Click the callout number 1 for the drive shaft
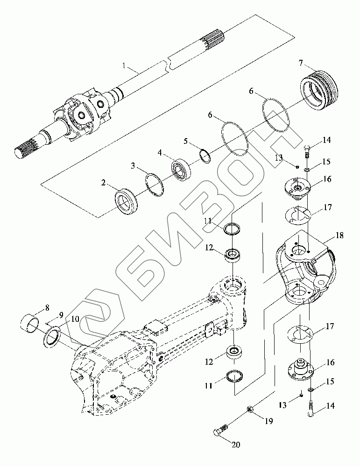124,65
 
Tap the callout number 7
301,63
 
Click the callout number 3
133,166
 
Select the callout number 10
75,319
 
